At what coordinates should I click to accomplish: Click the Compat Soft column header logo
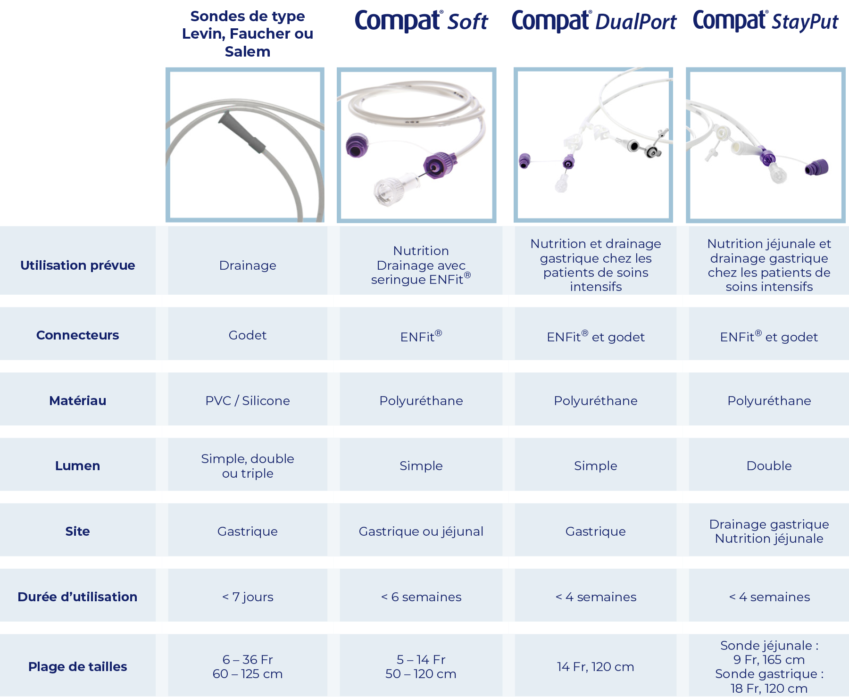[x=421, y=21]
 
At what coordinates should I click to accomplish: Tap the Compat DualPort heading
[x=594, y=21]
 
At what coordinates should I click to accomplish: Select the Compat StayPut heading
[x=766, y=21]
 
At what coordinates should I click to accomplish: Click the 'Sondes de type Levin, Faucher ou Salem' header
[x=248, y=34]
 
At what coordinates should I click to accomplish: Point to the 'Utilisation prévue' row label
[x=78, y=266]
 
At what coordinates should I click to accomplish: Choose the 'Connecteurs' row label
[x=78, y=335]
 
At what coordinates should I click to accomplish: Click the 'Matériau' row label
[x=78, y=401]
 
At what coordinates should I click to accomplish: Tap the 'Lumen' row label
[x=78, y=466]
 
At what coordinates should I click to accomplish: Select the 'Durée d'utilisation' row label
[x=78, y=597]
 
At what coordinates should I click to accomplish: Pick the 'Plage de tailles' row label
[x=78, y=667]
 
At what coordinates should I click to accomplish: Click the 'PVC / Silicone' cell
[x=248, y=401]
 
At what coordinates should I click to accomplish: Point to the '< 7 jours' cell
[x=248, y=597]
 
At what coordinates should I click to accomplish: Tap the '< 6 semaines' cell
[x=421, y=597]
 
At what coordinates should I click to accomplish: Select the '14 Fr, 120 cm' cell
[x=596, y=667]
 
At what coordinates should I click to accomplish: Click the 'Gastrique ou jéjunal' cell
[x=421, y=531]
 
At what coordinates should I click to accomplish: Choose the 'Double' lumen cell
[x=769, y=466]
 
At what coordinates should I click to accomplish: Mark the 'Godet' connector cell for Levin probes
[x=248, y=335]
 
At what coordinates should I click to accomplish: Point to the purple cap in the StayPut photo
[x=816, y=167]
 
